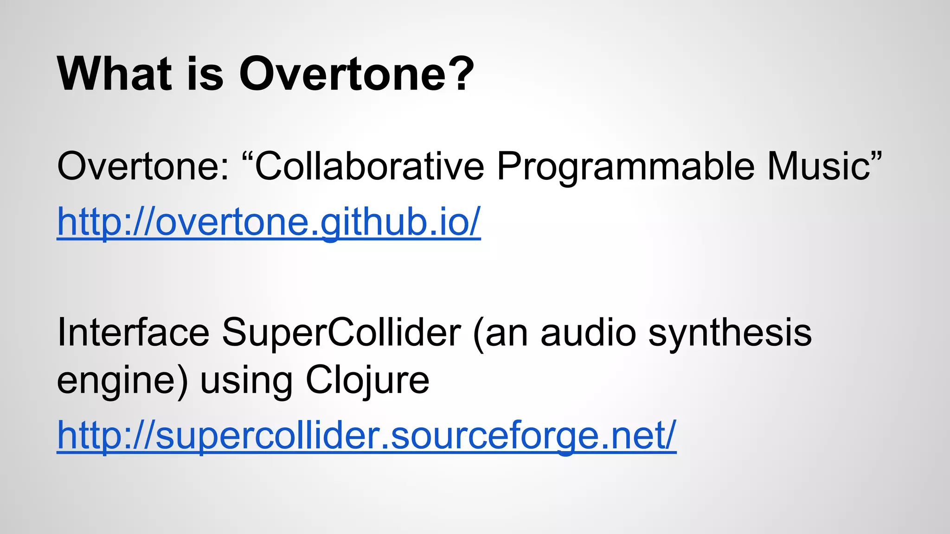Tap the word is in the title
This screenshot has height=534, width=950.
(x=205, y=74)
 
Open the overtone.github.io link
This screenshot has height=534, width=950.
(x=269, y=222)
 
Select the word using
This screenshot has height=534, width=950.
(x=246, y=381)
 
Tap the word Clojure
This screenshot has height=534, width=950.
(x=367, y=381)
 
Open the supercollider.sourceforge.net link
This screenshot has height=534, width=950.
(x=366, y=436)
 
